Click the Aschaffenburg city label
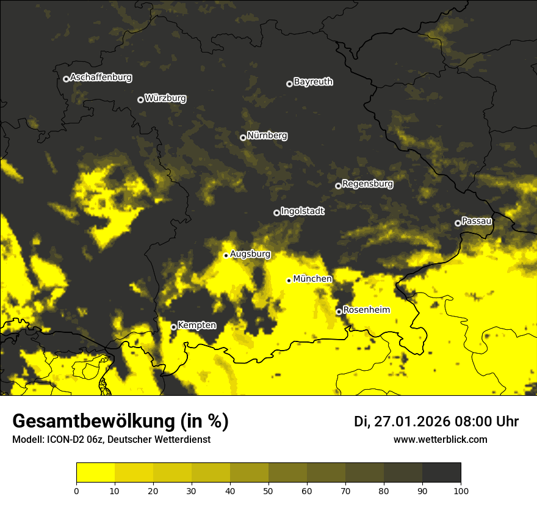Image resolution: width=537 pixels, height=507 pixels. tap(101, 78)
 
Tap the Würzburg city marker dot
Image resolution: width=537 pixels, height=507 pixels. tap(140, 100)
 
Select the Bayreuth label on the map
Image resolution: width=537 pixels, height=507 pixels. tap(313, 82)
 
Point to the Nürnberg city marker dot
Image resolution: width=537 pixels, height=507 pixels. tap(243, 137)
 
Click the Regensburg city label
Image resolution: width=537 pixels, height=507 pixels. tap(367, 184)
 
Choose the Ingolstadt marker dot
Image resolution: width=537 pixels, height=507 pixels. tap(276, 213)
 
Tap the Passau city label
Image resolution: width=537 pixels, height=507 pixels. tap(477, 221)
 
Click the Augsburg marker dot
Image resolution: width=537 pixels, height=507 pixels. tap(226, 255)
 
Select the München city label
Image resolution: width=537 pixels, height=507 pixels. tap(312, 279)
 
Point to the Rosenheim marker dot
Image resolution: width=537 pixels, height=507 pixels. tap(339, 312)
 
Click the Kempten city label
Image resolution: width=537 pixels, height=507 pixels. tap(196, 326)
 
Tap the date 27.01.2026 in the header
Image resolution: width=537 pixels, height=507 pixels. tap(410, 421)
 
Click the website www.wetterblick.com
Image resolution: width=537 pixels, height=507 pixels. tap(440, 440)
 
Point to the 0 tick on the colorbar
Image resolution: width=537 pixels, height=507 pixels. tap(76, 491)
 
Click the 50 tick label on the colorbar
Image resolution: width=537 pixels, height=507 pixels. tap(268, 491)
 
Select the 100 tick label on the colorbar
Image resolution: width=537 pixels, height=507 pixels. tap(461, 491)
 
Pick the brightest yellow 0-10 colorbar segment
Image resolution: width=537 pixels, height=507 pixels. tap(95, 473)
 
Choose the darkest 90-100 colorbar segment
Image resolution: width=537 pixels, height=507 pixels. tap(441, 473)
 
